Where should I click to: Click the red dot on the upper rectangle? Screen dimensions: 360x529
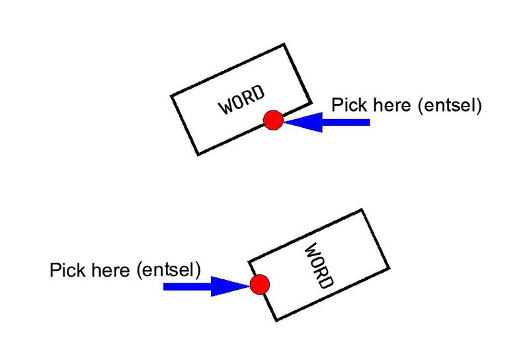point(273,120)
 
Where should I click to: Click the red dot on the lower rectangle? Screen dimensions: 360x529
point(259,285)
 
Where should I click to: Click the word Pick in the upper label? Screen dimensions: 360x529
point(346,105)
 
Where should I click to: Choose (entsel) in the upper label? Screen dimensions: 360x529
point(449,106)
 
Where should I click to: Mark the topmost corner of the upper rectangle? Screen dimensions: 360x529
point(284,44)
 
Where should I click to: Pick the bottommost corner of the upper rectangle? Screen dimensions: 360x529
point(198,155)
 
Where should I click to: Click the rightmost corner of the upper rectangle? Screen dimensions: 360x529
point(311,102)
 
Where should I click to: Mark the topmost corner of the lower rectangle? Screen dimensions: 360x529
point(362,210)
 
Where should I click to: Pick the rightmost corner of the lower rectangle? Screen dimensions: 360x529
point(389,268)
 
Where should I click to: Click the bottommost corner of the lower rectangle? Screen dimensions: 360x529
point(276,320)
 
